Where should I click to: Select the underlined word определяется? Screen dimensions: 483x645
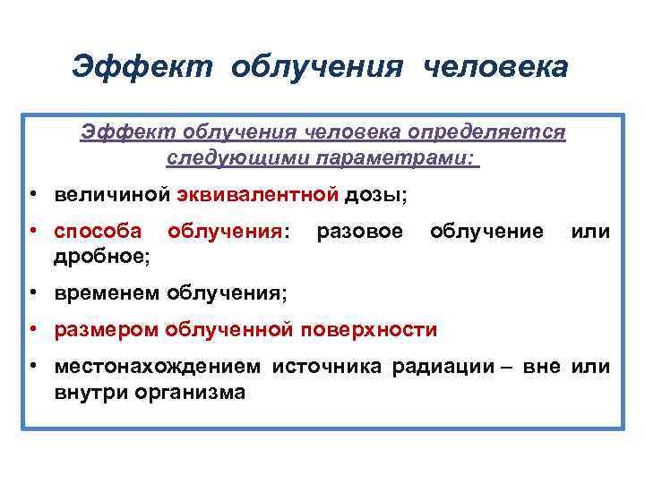pyautogui.click(x=486, y=132)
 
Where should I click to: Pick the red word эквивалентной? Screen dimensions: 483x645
pyautogui.click(x=260, y=194)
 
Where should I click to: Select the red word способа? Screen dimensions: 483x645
pyautogui.click(x=98, y=232)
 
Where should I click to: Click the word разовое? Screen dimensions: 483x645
pyautogui.click(x=359, y=232)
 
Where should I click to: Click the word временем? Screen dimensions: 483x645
pyautogui.click(x=107, y=293)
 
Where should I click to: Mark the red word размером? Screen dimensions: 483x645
pyautogui.click(x=105, y=330)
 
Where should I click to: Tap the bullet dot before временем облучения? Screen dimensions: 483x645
pyautogui.click(x=31, y=293)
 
